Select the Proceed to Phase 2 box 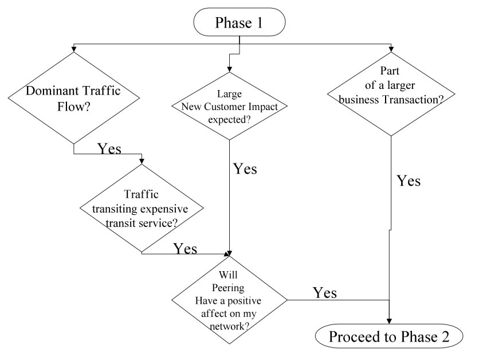point(390,336)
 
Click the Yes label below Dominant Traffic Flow point(109,148)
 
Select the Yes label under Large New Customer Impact point(245,169)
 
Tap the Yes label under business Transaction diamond point(409,181)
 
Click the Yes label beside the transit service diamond point(185,248)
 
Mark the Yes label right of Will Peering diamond point(324,292)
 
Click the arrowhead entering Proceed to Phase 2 point(390,320)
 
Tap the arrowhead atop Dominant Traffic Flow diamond point(74,51)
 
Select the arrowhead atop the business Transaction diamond point(391,48)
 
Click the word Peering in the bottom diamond point(229,286)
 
